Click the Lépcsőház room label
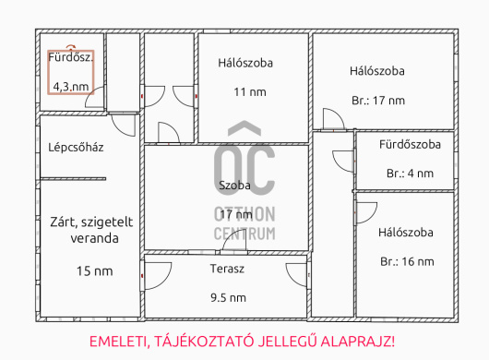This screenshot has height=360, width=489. click(76, 147)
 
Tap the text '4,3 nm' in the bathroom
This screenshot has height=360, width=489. click(71, 87)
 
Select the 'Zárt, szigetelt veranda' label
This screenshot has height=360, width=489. click(89, 229)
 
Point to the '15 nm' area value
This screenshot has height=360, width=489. click(94, 270)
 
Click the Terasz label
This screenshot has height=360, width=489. click(227, 270)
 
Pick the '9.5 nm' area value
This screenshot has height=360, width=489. click(228, 297)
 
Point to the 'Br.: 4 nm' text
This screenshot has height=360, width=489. click(408, 173)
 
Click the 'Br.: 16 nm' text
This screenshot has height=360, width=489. click(406, 261)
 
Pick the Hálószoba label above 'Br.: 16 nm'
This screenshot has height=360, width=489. click(406, 232)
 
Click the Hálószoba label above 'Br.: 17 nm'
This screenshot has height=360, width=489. click(377, 70)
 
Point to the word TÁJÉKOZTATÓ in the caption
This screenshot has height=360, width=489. click(204, 341)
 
